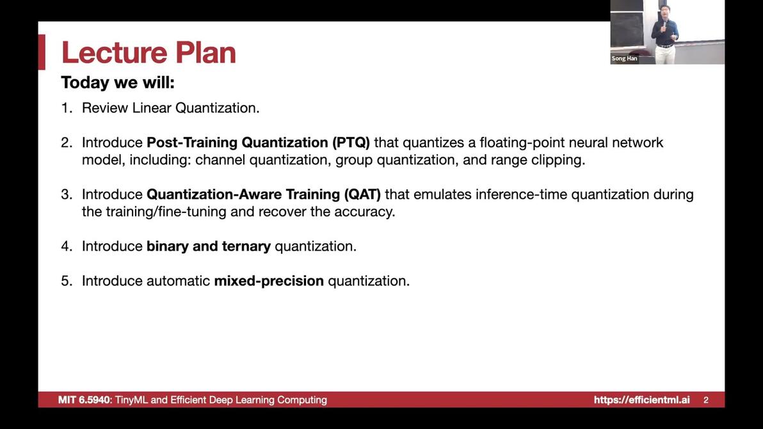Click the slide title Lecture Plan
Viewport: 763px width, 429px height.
[149, 52]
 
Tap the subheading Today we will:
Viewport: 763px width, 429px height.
[118, 82]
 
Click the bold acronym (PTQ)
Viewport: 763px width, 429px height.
[351, 143]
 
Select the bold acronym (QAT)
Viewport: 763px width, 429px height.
[362, 194]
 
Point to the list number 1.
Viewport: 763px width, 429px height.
[67, 108]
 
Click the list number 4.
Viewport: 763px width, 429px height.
[67, 246]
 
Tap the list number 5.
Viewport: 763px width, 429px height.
[67, 281]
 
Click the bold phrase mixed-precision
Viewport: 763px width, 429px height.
[269, 281]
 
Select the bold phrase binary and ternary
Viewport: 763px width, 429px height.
[209, 246]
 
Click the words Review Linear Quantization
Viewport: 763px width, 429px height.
[171, 108]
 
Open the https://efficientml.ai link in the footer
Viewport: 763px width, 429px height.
[642, 400]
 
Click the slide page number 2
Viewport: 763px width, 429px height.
[706, 400]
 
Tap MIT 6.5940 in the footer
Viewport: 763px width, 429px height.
[85, 400]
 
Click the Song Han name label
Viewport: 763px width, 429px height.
[624, 58]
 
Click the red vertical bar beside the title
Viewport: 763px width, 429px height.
[42, 52]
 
